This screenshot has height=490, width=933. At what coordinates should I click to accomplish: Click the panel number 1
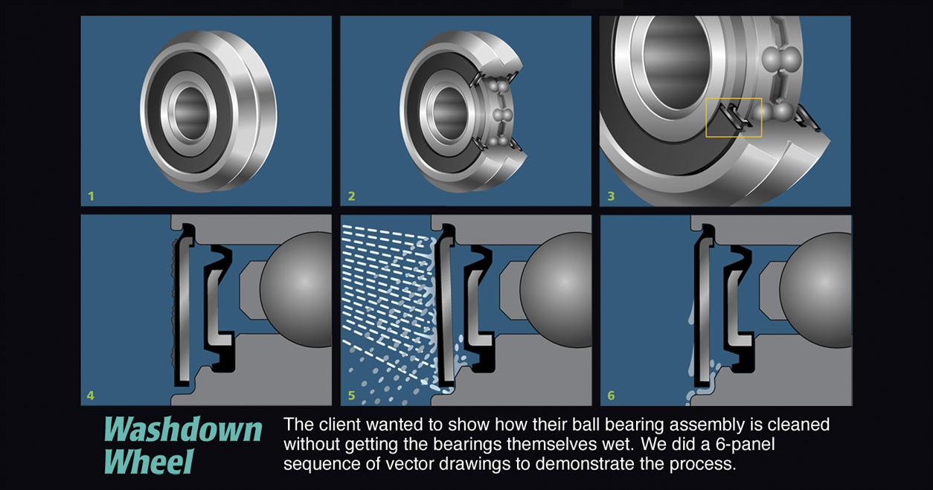(x=91, y=196)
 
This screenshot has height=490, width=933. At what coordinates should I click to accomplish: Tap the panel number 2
(x=351, y=196)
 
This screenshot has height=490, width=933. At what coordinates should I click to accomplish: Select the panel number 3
(x=611, y=196)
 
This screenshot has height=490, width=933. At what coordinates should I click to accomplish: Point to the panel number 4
(x=90, y=395)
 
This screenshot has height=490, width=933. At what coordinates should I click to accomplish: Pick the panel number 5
(x=351, y=395)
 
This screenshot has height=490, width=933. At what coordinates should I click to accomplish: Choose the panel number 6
(x=611, y=395)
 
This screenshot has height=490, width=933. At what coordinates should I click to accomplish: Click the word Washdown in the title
(x=183, y=429)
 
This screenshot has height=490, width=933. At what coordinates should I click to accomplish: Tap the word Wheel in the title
(x=149, y=461)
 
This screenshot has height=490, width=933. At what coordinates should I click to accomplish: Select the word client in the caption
(x=336, y=425)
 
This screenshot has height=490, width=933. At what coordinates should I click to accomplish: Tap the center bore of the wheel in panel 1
(x=190, y=113)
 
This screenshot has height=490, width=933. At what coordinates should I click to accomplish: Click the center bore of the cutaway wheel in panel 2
(x=449, y=112)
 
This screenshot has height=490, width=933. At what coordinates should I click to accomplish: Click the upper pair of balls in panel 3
(x=781, y=58)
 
